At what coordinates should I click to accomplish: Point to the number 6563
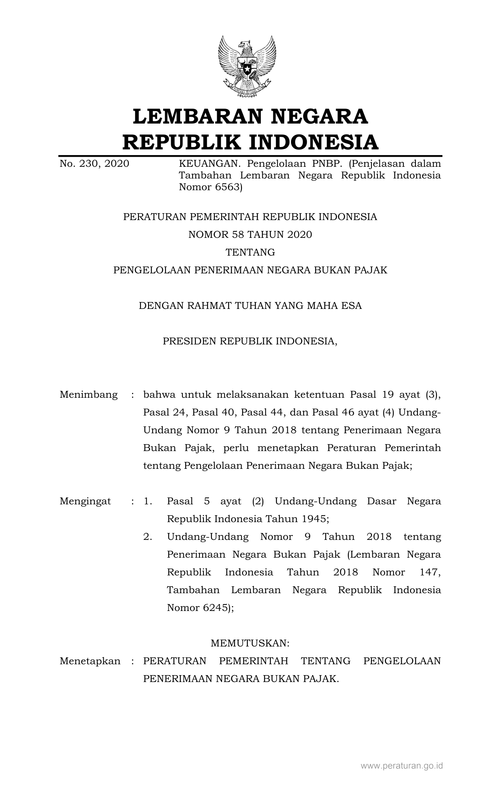tap(226, 187)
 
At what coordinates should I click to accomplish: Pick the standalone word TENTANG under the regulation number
tap(250, 252)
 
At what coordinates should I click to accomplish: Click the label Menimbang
tap(89, 395)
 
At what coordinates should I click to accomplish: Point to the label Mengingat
tap(85, 501)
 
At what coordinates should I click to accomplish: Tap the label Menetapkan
tap(90, 661)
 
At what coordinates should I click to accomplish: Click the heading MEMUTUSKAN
tap(250, 643)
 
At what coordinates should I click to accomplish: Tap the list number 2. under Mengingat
tap(148, 537)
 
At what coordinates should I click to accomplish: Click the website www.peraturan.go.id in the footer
tap(402, 766)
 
